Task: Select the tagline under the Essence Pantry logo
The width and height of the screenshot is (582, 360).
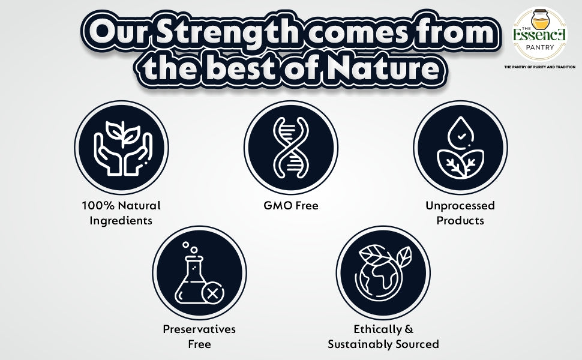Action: tap(539, 67)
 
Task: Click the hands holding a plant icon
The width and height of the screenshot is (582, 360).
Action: tap(123, 148)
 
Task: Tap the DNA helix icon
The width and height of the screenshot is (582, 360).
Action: tap(290, 148)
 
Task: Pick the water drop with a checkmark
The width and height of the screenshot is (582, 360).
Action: tap(461, 133)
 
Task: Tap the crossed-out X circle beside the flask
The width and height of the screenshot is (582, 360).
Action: tap(212, 293)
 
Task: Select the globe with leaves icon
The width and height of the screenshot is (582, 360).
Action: tap(383, 273)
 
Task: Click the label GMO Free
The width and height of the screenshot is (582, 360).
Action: tap(291, 206)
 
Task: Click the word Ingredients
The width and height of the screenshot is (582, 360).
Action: tap(121, 221)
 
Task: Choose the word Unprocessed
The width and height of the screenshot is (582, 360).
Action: tap(460, 206)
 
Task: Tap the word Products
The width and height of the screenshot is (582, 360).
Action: tap(460, 221)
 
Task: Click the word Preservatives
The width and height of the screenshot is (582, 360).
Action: tap(199, 329)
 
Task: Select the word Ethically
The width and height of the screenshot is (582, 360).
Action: tap(378, 329)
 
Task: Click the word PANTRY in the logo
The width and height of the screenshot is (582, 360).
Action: tap(539, 47)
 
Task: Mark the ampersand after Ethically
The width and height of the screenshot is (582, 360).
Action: tap(409, 329)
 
